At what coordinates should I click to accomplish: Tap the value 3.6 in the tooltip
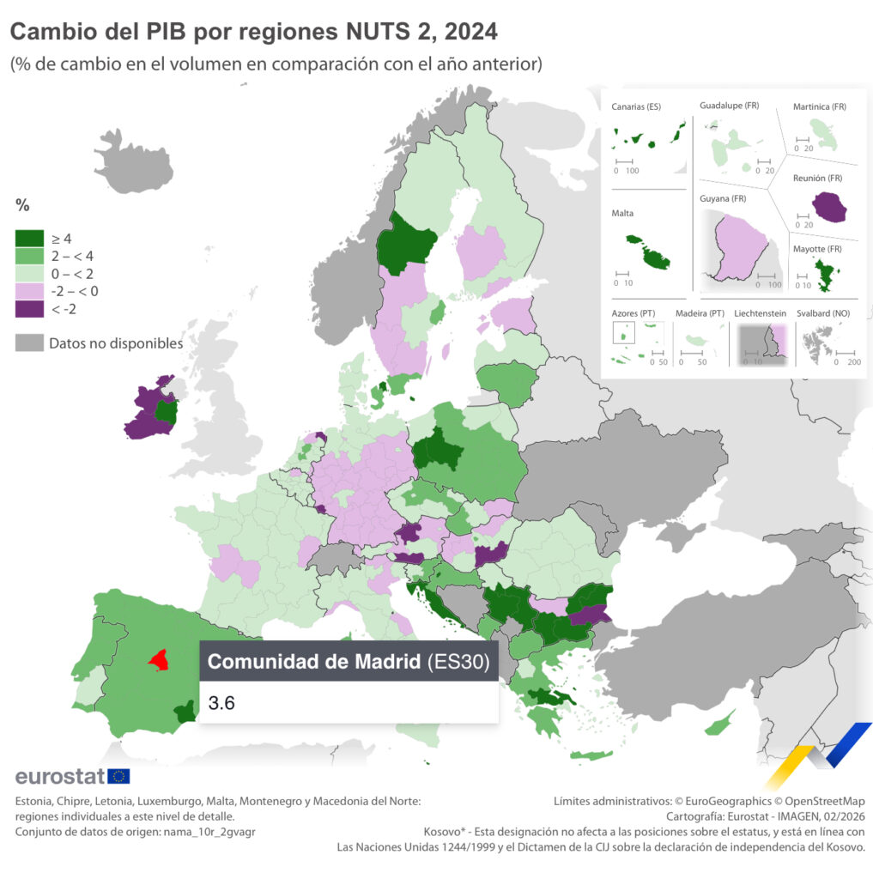pos(221,703)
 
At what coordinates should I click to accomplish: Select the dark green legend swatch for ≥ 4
pos(30,238)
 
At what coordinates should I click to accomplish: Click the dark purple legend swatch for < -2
pos(30,309)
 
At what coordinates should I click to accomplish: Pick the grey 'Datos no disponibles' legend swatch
pos(30,343)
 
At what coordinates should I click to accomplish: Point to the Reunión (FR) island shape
pos(828,206)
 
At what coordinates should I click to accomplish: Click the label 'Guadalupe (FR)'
pos(729,106)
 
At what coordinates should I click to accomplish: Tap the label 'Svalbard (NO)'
pos(823,313)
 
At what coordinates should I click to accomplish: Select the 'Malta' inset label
pos(622,213)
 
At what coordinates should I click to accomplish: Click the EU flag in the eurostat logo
pos(118,776)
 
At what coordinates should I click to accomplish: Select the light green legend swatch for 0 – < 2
pos(30,273)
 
